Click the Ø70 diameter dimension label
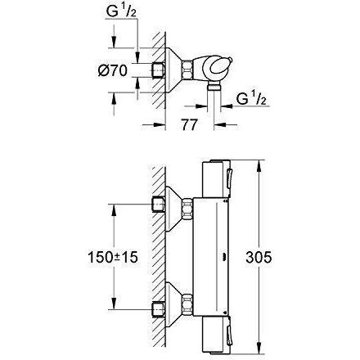coord(112,71)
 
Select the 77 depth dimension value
coord(189,125)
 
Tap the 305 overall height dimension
coord(259,257)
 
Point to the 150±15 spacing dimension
coord(113,257)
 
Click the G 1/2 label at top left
coord(121,11)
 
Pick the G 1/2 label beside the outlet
coord(251,98)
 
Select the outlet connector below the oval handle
coord(214,88)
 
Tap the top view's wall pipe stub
coord(158,70)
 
